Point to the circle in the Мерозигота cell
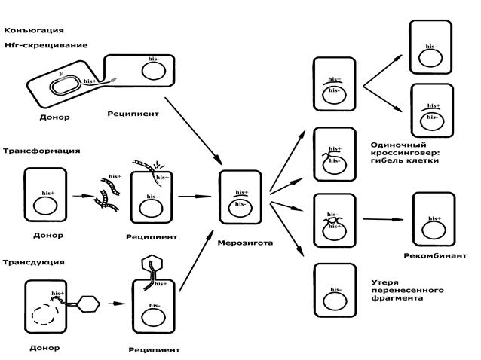coord(239,209)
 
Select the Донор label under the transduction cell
coord(45,349)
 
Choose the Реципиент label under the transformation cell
coord(152,236)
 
